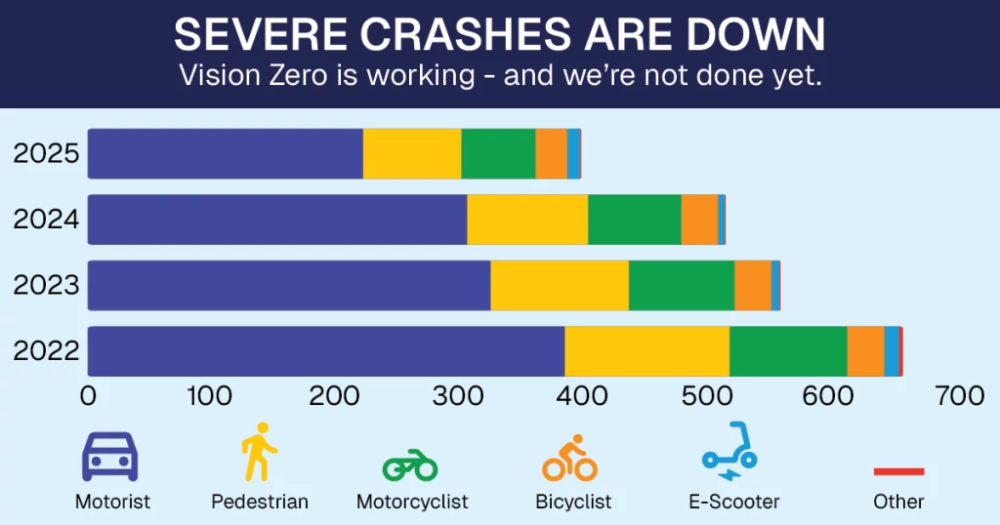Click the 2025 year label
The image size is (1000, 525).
click(46, 153)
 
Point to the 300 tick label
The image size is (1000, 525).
click(459, 396)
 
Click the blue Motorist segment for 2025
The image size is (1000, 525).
click(226, 153)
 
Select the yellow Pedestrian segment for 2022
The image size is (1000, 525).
click(646, 351)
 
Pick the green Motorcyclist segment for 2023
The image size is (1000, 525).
click(681, 285)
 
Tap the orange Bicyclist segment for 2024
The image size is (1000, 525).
click(699, 220)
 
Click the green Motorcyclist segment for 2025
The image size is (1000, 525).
click(498, 153)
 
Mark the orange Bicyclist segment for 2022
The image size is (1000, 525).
click(865, 351)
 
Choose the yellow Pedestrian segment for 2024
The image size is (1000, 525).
click(527, 220)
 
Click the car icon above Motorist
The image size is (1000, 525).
click(108, 456)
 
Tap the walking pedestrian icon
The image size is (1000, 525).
click(259, 452)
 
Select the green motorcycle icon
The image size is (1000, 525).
click(410, 465)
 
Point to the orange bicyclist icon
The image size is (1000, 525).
click(570, 458)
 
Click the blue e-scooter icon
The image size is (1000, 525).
click(729, 452)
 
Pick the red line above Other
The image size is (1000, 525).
click(898, 471)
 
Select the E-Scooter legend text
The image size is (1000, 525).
click(733, 502)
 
